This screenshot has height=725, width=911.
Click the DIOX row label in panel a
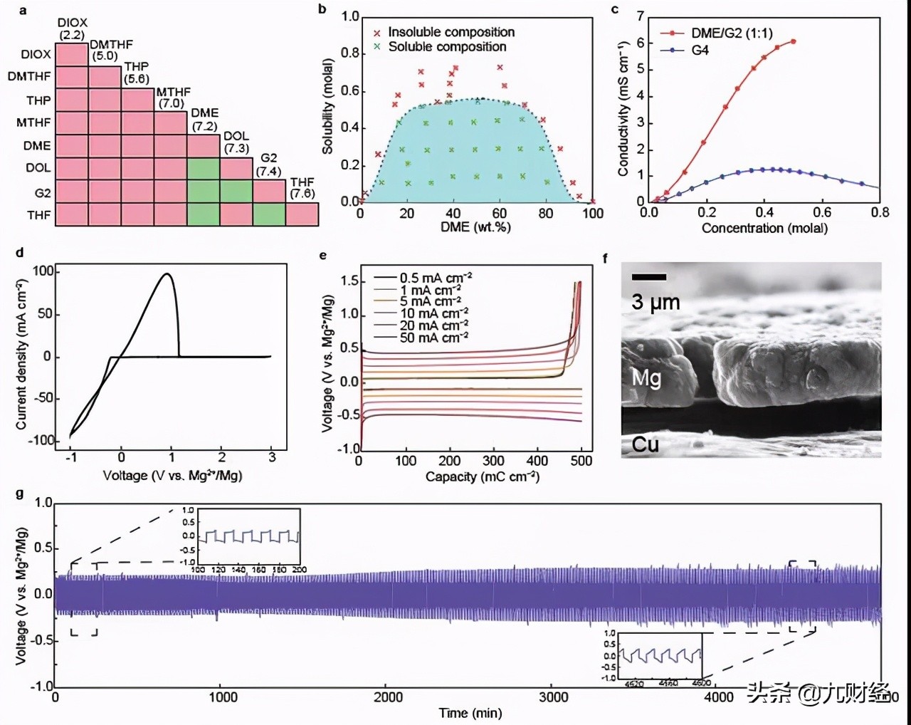click(x=36, y=54)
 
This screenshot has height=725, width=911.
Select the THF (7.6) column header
click(x=302, y=188)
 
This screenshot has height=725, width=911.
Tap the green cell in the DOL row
click(x=204, y=169)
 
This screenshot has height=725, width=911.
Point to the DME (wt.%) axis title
click(x=475, y=227)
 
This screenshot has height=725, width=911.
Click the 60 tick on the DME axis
click(x=500, y=213)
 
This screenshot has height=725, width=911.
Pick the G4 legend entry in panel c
click(x=700, y=51)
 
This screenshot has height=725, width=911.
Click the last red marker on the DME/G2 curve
click(x=793, y=42)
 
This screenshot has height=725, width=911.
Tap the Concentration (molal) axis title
click(x=764, y=228)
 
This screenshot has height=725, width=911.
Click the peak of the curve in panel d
click(x=167, y=273)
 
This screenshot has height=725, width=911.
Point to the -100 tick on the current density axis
click(x=41, y=440)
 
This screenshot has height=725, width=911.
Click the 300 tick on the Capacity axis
click(x=493, y=461)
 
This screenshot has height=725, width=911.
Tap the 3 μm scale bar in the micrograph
click(x=649, y=277)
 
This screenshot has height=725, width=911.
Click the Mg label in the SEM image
click(x=646, y=377)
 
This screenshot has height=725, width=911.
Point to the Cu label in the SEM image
click(x=645, y=445)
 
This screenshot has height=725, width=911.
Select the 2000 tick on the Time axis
click(x=388, y=697)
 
